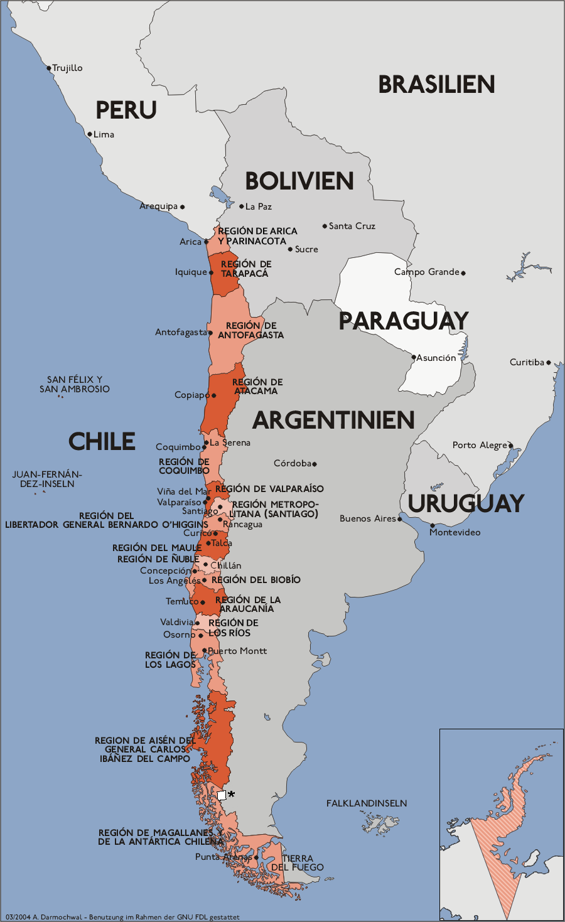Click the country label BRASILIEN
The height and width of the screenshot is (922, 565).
click(436, 84)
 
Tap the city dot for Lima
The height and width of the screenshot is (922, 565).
click(90, 134)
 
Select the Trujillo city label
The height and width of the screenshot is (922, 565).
click(67, 68)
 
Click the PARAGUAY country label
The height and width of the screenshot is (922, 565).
click(404, 321)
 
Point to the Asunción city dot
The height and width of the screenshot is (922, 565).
click(414, 357)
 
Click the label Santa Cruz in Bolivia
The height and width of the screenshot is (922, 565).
click(352, 226)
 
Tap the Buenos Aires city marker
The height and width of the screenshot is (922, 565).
click(399, 519)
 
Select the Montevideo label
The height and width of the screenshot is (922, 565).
click(455, 532)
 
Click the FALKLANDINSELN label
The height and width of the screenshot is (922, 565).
click(367, 803)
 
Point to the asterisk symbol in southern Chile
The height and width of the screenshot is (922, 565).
click(231, 795)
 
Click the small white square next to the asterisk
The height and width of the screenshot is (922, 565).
click(222, 795)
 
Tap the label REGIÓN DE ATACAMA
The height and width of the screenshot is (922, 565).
click(257, 386)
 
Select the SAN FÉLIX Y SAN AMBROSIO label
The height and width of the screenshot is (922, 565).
click(74, 384)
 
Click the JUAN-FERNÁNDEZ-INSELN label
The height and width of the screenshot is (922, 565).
click(47, 479)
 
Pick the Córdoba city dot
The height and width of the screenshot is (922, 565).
click(315, 464)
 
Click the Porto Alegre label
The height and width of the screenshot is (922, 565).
click(480, 445)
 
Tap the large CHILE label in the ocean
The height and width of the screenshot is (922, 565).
click(102, 441)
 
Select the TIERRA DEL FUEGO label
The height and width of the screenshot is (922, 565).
click(298, 862)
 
